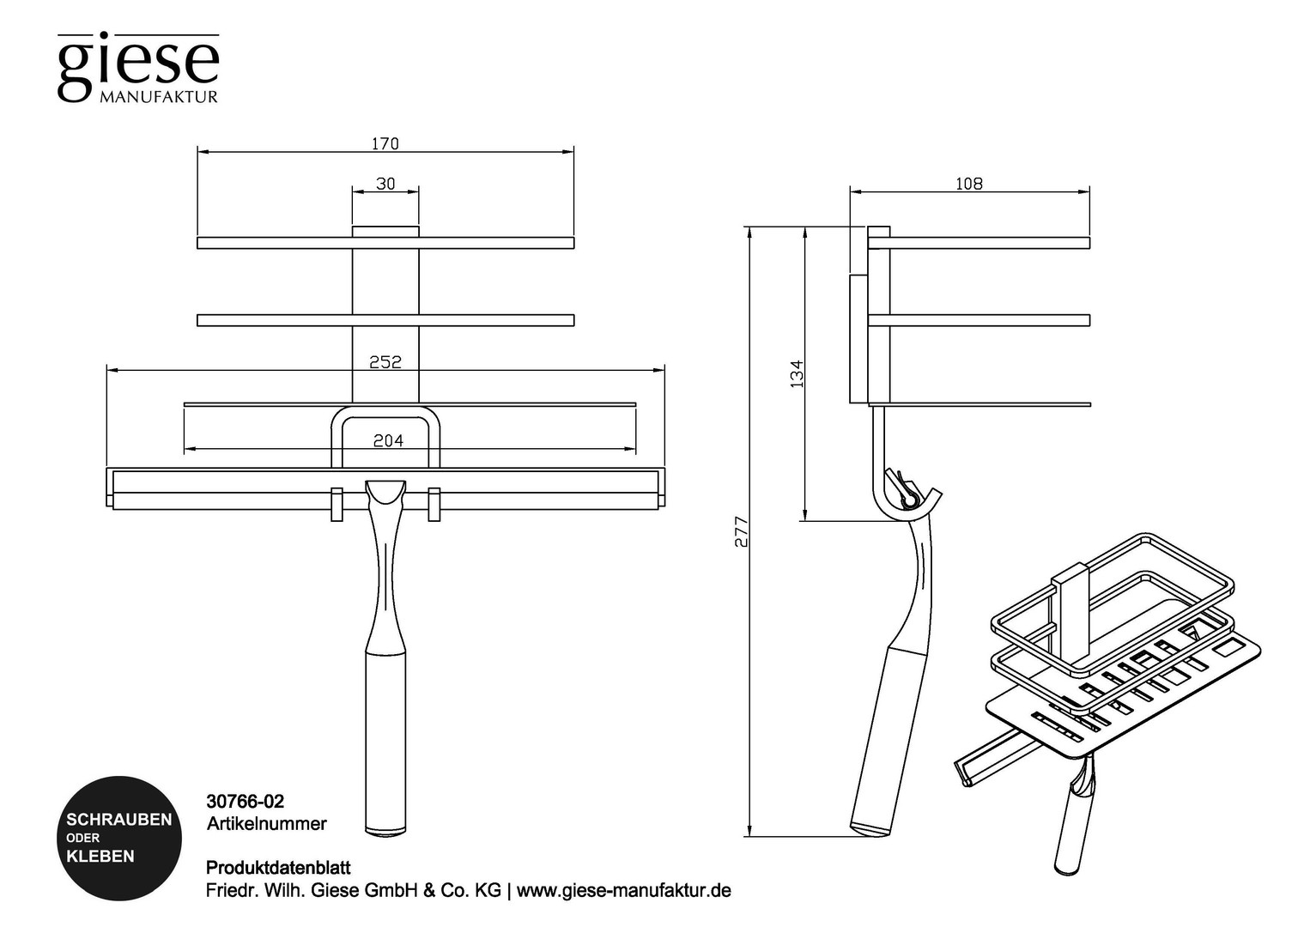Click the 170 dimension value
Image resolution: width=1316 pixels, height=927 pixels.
click(x=385, y=144)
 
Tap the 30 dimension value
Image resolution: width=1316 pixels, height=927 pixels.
click(x=385, y=184)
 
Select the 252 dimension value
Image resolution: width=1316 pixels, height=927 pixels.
click(x=385, y=362)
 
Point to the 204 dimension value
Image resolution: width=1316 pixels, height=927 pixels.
click(x=388, y=440)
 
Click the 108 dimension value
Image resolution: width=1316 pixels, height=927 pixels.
click(x=969, y=184)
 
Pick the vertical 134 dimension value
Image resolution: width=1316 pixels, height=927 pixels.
click(x=797, y=373)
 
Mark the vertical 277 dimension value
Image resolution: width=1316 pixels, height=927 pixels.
click(x=742, y=531)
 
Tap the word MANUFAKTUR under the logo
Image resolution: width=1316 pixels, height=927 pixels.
click(x=159, y=97)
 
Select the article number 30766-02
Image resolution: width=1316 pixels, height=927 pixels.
click(x=245, y=802)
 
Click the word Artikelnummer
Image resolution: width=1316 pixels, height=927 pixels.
click(x=266, y=824)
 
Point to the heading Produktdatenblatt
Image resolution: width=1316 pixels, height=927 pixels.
click(x=278, y=868)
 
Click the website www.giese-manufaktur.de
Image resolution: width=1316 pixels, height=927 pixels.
click(x=624, y=891)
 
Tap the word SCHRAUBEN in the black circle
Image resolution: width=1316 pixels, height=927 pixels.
click(x=119, y=820)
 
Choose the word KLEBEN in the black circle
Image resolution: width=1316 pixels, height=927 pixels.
click(x=100, y=857)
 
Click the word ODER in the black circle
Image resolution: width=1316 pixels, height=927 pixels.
click(x=82, y=839)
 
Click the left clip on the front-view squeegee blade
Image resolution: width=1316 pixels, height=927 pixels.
click(x=337, y=504)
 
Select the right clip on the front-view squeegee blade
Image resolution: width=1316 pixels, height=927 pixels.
click(x=434, y=504)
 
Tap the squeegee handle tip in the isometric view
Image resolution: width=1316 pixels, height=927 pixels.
click(x=1067, y=870)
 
